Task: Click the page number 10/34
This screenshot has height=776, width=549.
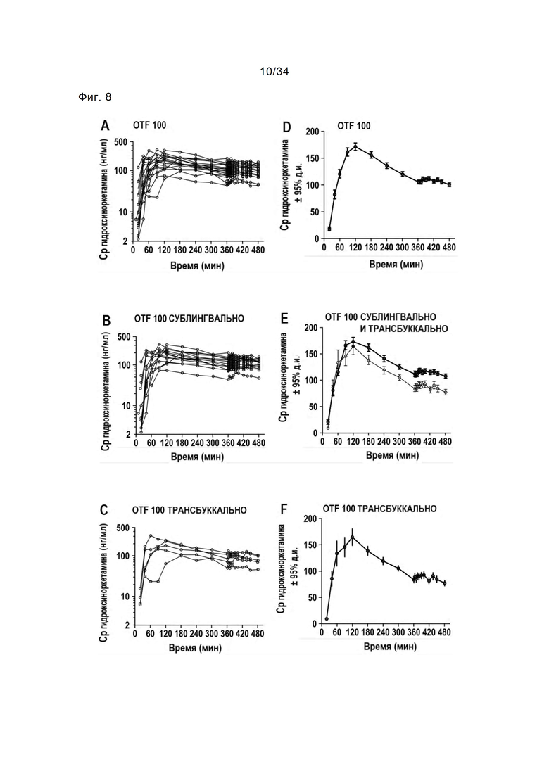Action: pos(274,71)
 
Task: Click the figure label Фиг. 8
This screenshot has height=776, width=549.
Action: pos(95,96)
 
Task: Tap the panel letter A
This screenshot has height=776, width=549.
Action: pos(105,126)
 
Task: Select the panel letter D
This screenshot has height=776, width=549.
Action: pos(286,127)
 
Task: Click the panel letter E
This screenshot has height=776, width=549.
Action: pos(285,319)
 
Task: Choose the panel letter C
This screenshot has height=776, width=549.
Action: pos(105,511)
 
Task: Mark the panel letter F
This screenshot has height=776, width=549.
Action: pos(285,509)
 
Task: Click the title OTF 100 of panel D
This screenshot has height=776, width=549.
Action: pos(354,126)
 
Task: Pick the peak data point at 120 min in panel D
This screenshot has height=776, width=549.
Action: pos(355,146)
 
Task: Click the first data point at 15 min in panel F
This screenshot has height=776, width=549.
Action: pos(327,618)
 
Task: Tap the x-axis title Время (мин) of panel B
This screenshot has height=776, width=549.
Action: pos(196,457)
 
